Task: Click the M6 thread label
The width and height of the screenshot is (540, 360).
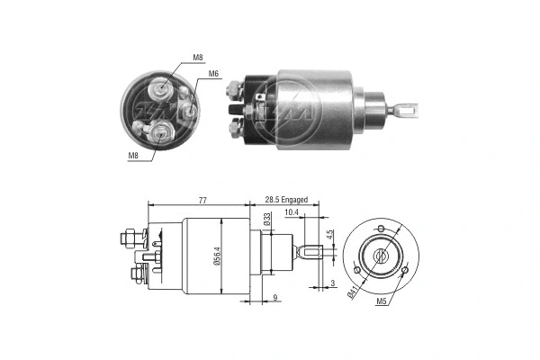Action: pyautogui.click(x=214, y=74)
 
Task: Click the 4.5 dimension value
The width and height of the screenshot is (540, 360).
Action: pyautogui.click(x=330, y=236)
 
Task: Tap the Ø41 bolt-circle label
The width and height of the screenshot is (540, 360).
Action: pyautogui.click(x=354, y=290)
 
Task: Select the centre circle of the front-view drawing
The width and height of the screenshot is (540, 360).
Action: pyautogui.click(x=382, y=256)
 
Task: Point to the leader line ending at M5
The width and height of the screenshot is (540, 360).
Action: pyautogui.click(x=396, y=283)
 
